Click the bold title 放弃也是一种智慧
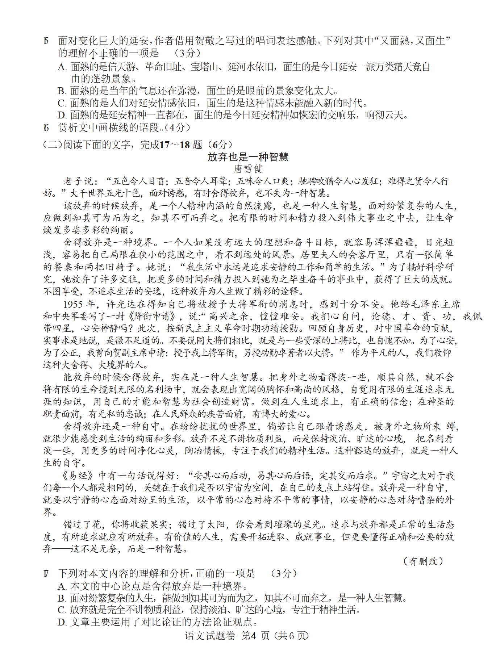pyautogui.click(x=248, y=157)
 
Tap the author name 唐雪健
pyautogui.click(x=248, y=169)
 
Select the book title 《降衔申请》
pyautogui.click(x=153, y=316)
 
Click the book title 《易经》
pyautogui.click(x=78, y=475)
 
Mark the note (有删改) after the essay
pyautogui.click(x=423, y=561)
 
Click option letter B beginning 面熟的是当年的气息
pyautogui.click(x=62, y=91)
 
